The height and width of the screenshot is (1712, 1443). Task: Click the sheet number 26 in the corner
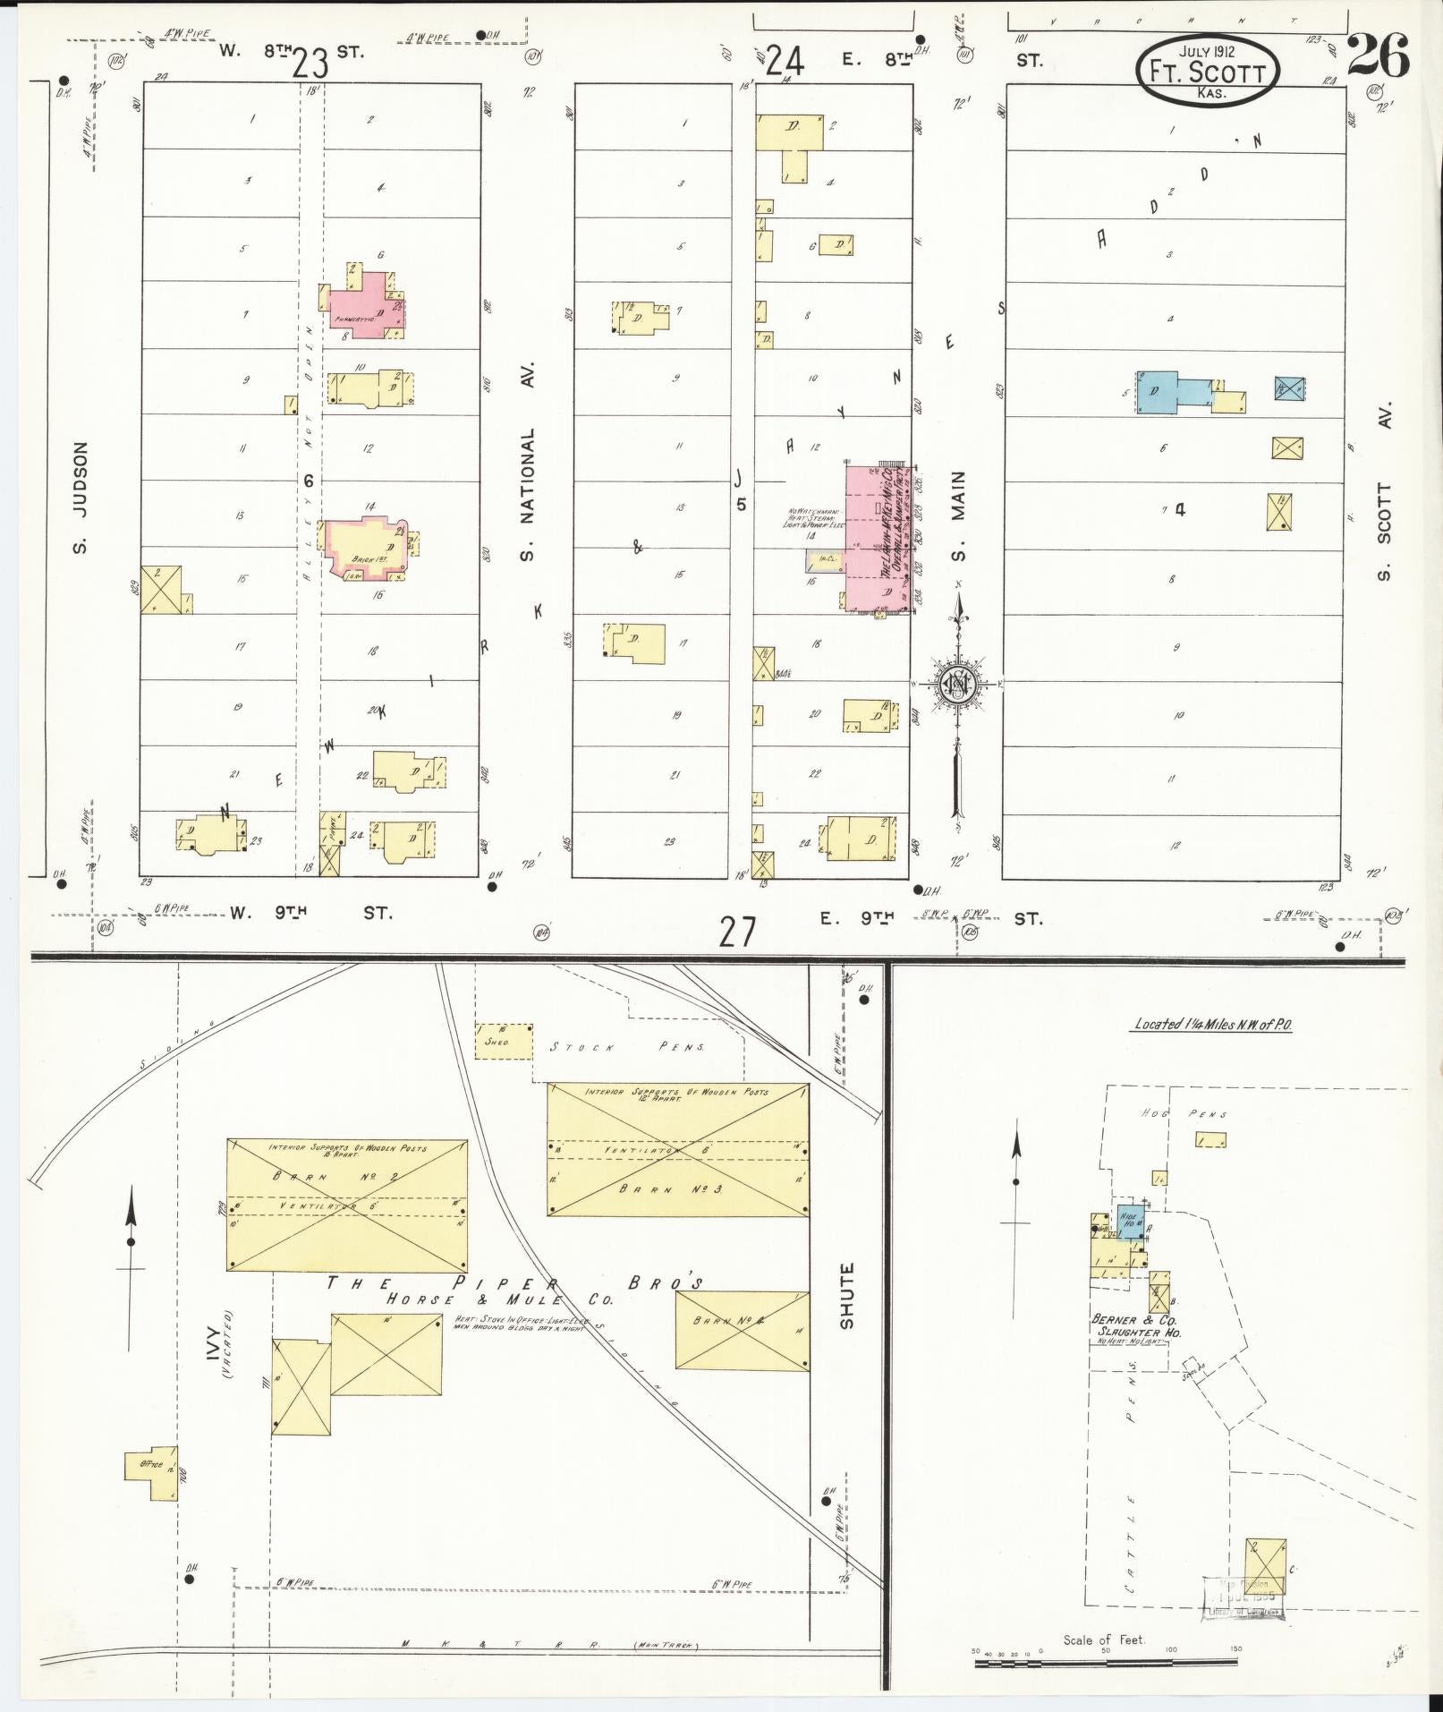[1377, 55]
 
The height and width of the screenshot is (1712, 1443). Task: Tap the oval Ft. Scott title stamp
[1207, 69]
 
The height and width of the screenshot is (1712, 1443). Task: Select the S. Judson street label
[81, 498]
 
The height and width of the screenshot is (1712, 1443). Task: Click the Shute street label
[847, 1295]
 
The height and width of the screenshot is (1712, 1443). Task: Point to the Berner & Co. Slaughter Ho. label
[1136, 1326]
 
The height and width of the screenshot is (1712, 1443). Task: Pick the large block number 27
[736, 932]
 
